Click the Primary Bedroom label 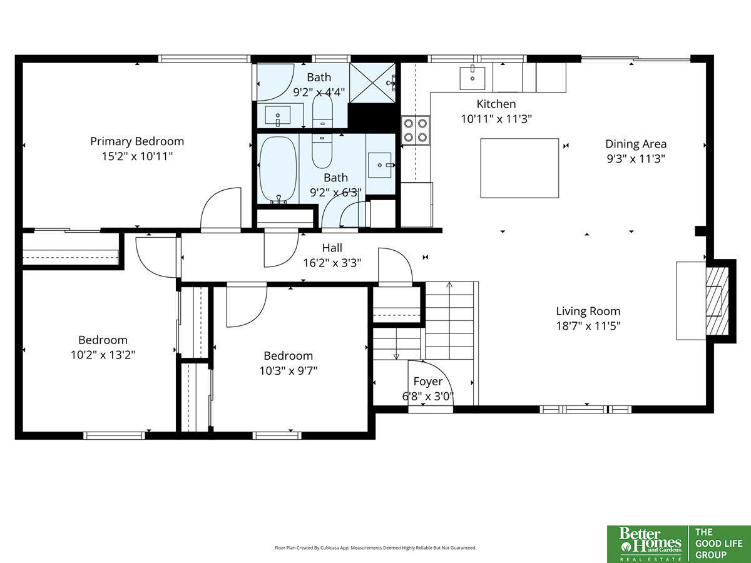[137, 141]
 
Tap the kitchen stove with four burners [416, 130]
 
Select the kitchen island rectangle [519, 168]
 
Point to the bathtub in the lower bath [278, 170]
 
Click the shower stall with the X [372, 83]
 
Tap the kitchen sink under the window [472, 78]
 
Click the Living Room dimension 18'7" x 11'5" [588, 326]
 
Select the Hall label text [332, 248]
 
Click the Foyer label [427, 381]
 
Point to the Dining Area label [636, 144]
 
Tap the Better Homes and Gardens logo [648, 544]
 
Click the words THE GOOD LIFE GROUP [719, 544]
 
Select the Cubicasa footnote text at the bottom [375, 547]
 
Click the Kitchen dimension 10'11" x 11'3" [496, 119]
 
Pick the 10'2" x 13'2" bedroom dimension [103, 355]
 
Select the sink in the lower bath [380, 165]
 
